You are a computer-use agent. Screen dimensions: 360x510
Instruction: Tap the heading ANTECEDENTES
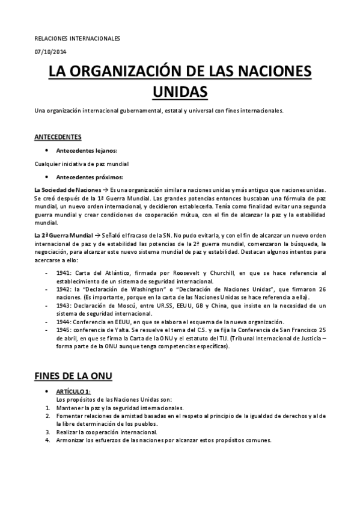pos(58,137)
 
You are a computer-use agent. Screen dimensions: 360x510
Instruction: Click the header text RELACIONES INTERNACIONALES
pos(77,38)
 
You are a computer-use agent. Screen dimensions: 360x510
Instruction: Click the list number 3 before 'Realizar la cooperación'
pos(47,432)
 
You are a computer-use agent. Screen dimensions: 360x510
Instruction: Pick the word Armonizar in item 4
pos(70,440)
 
